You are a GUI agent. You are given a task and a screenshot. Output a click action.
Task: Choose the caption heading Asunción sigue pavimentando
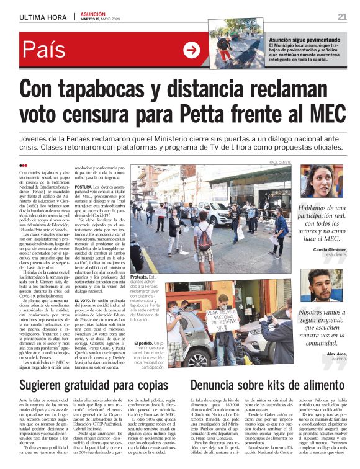[x=303, y=39]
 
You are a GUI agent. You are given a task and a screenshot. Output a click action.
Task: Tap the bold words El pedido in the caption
[x=143, y=342]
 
